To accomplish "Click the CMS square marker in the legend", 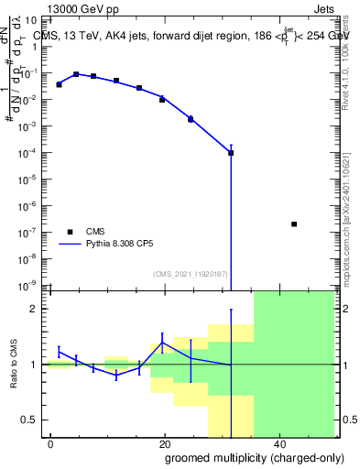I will point(69,232).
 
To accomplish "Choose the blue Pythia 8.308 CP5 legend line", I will point(69,245).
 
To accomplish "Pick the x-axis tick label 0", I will point(51,442).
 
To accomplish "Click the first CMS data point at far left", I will point(59,84).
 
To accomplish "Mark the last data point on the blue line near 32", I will point(231,152).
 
